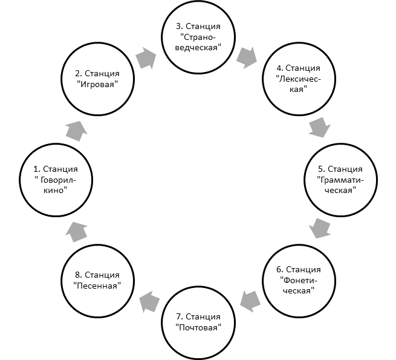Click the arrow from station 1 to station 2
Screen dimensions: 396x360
point(77,131)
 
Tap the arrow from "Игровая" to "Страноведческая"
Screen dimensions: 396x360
point(146,58)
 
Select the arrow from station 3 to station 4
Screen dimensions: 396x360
point(247,58)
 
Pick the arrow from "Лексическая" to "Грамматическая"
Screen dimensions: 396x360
point(319,128)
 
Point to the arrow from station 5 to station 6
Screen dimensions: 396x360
point(320,228)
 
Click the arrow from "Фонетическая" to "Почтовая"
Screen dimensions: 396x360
point(250,301)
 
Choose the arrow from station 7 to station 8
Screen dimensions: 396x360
point(149,301)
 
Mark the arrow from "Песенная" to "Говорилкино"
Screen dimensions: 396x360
point(77,232)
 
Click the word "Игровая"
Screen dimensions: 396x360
point(97,84)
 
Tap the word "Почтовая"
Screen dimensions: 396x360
point(198,328)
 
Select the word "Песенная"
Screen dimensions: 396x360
point(97,286)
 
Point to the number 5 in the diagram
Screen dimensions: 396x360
point(321,169)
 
